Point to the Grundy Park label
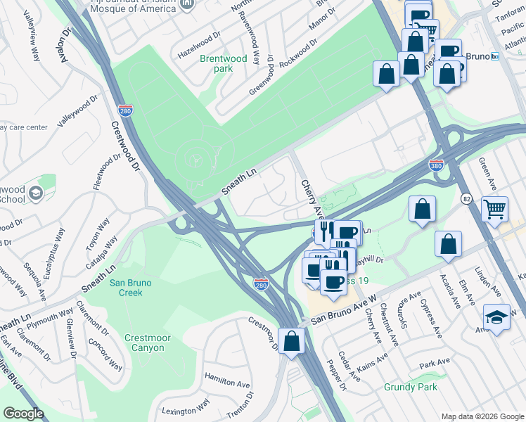[411, 387]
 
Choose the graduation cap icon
[496, 317]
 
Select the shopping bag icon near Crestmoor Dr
[291, 342]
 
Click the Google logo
[23, 414]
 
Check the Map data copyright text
[482, 416]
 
